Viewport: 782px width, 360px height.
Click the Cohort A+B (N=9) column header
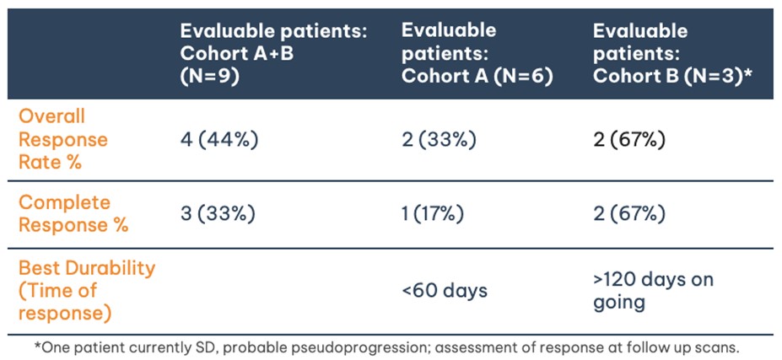click(x=273, y=53)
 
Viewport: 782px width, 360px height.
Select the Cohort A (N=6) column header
click(x=476, y=53)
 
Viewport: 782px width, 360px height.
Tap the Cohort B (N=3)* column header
click(x=671, y=53)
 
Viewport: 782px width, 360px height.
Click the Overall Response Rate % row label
click(x=63, y=138)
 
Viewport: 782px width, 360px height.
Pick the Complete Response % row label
click(x=73, y=214)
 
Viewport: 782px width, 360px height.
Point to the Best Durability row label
click(x=86, y=290)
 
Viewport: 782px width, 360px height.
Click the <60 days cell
click(x=445, y=291)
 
